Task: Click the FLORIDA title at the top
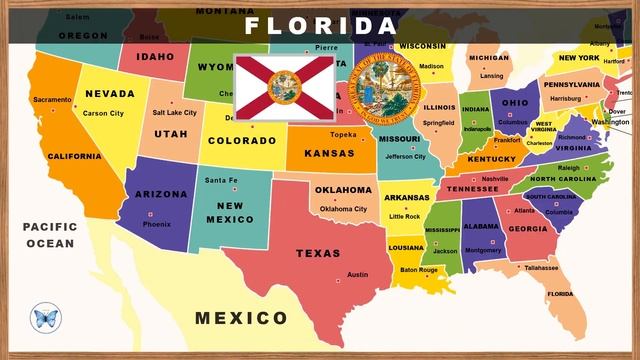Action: [320, 25]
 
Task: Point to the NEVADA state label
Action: [110, 94]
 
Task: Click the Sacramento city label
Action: [52, 100]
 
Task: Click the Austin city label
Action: [357, 274]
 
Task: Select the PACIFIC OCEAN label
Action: [50, 235]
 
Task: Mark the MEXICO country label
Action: [241, 318]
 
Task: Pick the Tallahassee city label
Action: [541, 268]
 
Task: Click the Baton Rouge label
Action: [419, 270]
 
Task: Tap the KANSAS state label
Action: [330, 154]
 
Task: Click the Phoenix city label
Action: [156, 224]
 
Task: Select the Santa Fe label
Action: [220, 180]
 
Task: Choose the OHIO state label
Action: [515, 103]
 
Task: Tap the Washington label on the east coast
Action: [610, 122]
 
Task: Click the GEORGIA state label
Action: [527, 228]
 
